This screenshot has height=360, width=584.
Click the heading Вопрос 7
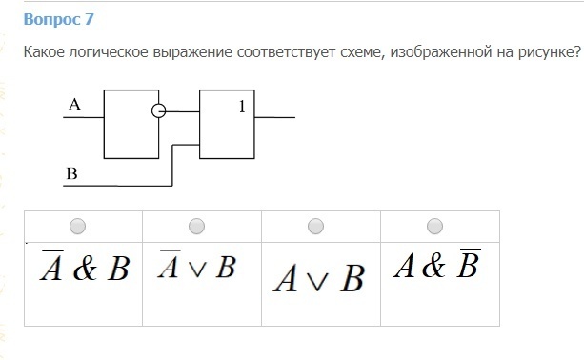pos(58,19)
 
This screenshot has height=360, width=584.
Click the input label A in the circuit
pos(74,104)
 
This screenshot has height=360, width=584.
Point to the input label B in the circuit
pos(71,173)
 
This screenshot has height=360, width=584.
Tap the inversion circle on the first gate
pos(159,110)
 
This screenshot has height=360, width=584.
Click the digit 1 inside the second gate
pos(242,107)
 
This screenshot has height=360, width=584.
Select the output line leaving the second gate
pos(275,117)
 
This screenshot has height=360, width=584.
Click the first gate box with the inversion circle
pos(131,124)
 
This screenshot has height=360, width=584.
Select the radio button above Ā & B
pos(77,226)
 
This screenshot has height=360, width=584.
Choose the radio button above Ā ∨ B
pos(196,226)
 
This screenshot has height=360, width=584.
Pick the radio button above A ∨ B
pos(315,226)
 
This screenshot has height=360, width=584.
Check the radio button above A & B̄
pos(434,226)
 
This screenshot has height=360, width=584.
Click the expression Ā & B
pos(85,266)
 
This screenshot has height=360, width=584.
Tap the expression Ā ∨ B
pos(196,264)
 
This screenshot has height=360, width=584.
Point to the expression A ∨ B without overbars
pos(319,278)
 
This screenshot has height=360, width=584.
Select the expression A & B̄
pos(437,263)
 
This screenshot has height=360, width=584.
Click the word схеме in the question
pos(364,52)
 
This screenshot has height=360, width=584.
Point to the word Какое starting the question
pos(45,52)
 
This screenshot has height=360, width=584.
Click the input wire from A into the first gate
pos(84,117)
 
